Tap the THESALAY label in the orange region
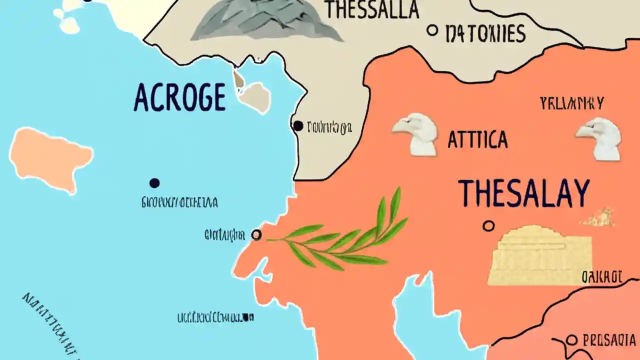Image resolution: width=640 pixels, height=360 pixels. [x=523, y=194]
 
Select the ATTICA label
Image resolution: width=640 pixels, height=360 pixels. [x=477, y=140]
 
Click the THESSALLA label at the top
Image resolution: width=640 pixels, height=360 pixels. [x=371, y=9]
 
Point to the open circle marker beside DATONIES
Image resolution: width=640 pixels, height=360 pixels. [x=432, y=30]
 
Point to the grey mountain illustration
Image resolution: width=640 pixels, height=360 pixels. [x=265, y=20]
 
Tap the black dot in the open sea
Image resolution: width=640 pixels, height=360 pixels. [x=154, y=183]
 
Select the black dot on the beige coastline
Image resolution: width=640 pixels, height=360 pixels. [x=298, y=126]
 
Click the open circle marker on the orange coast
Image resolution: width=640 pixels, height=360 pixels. [x=256, y=234]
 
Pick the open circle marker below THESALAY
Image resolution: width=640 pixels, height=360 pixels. [x=488, y=226]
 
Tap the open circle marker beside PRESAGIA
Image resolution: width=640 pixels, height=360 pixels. [x=572, y=341]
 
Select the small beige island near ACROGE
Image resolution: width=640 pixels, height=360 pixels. [x=256, y=97]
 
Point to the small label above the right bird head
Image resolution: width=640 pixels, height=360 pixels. [x=572, y=104]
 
